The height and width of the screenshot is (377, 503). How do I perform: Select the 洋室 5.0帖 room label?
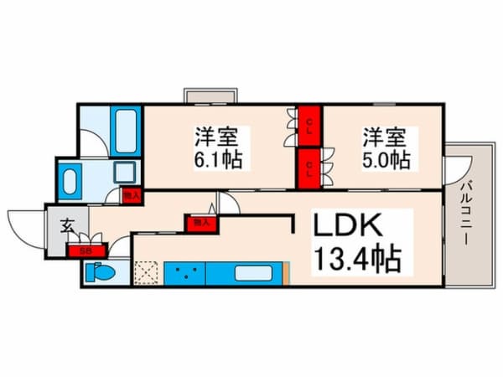pyautogui.click(x=386, y=147)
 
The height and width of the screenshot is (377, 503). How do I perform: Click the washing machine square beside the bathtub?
pyautogui.click(x=127, y=174)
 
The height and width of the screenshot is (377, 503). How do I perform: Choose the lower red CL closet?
pyautogui.click(x=309, y=167)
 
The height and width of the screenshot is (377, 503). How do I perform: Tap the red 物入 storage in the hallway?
pyautogui.click(x=200, y=224)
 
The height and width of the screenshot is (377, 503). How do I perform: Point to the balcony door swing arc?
pyautogui.click(x=454, y=172)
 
